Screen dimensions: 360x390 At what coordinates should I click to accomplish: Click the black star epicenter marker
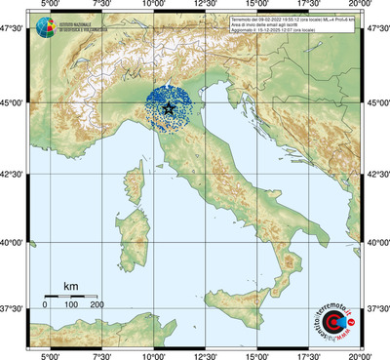tap(171, 108)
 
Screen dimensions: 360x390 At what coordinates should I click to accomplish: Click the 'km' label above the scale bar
tap(70, 285)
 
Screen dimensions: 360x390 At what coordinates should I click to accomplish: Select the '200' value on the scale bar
tap(97, 305)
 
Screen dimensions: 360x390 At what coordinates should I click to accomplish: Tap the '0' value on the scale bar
tap(45, 305)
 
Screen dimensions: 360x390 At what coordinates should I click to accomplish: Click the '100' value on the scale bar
tap(70, 305)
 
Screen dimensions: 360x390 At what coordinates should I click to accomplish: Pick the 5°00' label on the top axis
tap(50, 7)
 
